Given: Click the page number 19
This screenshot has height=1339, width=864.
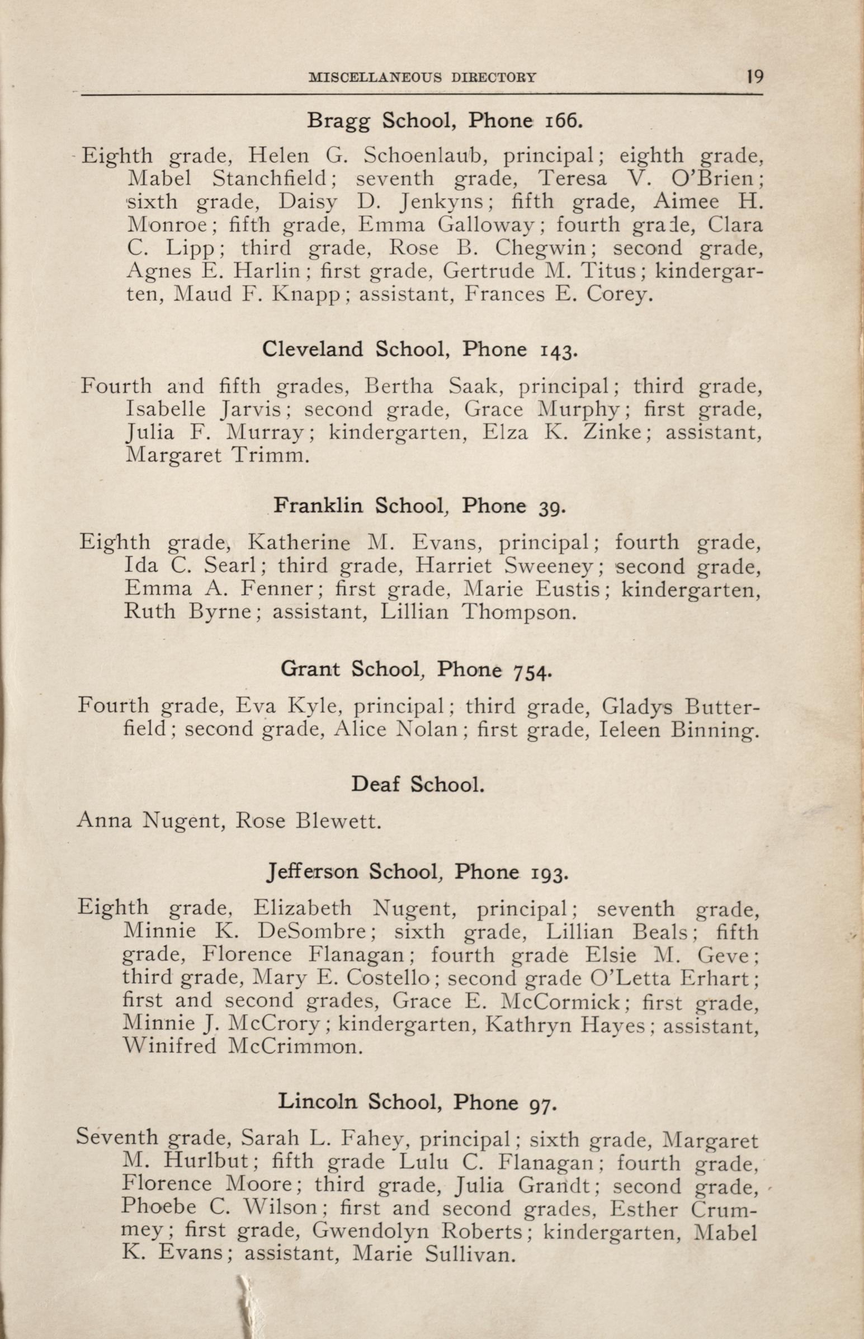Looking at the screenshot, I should coord(755,76).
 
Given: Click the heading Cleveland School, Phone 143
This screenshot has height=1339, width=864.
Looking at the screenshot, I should coord(419,350).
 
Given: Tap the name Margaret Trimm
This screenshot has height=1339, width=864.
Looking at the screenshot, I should coord(217,455).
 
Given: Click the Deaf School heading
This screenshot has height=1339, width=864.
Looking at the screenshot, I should coord(417,784).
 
